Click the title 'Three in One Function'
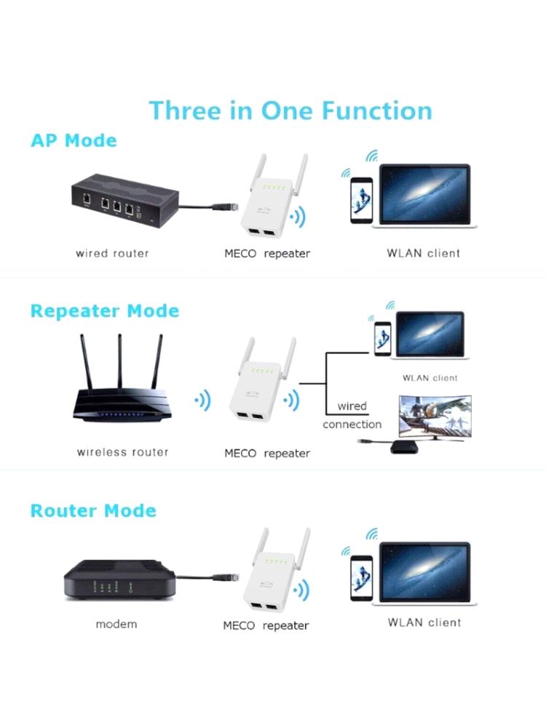pos(290,111)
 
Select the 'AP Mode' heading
pos(74,140)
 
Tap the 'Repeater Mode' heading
pos(104,311)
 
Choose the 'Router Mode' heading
pos(93,511)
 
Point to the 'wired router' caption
pos(112,254)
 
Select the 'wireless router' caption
pos(122,452)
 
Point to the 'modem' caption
pos(116,624)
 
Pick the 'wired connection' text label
pos(352,415)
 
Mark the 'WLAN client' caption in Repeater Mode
pos(430,378)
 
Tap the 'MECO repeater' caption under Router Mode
pos(266,625)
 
